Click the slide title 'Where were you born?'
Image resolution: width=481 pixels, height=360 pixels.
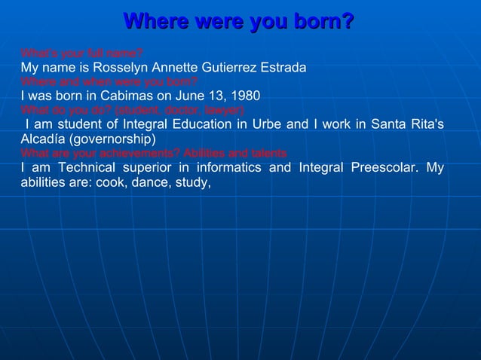click(238, 21)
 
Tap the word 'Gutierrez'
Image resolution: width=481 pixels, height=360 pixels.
click(225, 68)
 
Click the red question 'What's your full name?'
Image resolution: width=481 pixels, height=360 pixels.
click(81, 53)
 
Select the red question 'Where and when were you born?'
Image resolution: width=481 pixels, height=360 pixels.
click(109, 82)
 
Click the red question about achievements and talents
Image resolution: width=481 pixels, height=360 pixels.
click(154, 153)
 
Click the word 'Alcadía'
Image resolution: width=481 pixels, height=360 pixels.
click(43, 139)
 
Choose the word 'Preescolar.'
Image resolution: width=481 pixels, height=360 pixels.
click(384, 167)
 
